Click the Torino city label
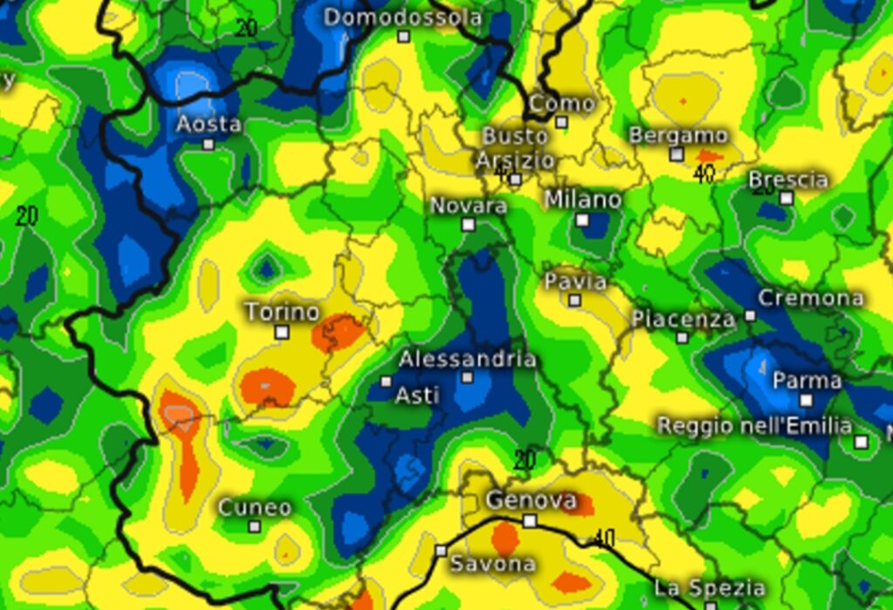282,312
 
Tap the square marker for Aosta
208,144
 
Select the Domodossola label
402,17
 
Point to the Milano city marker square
582,220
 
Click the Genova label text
531,501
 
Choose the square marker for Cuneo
254,525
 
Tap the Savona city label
492,564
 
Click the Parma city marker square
806,401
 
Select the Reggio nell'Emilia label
753,426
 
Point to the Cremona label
810,298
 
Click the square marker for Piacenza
682,337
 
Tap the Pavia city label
575,281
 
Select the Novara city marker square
468,225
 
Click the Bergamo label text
678,136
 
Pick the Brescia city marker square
786,198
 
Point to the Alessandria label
467,359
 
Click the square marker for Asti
386,381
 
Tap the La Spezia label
709,587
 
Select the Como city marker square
562,122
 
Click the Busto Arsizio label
515,148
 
